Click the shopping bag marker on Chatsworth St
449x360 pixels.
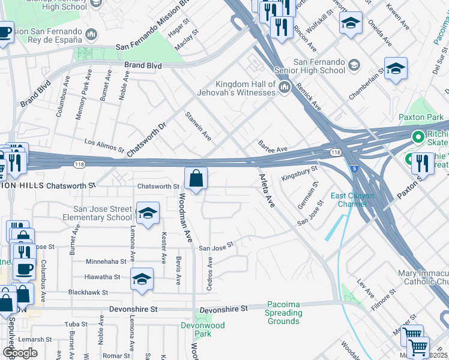[196, 179]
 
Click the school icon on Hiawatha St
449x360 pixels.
[142, 280]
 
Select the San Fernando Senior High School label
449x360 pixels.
[319, 66]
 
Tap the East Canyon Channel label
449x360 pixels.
[352, 200]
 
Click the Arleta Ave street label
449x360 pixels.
[266, 191]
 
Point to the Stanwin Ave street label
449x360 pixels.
[198, 126]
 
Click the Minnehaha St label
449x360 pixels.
[106, 262]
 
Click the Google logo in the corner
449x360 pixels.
[20, 353]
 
